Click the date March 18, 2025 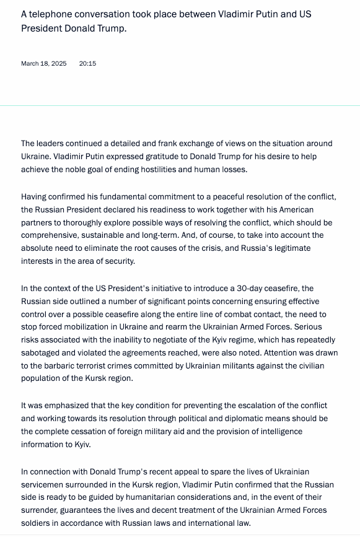[43, 64]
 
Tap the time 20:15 [87, 64]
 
